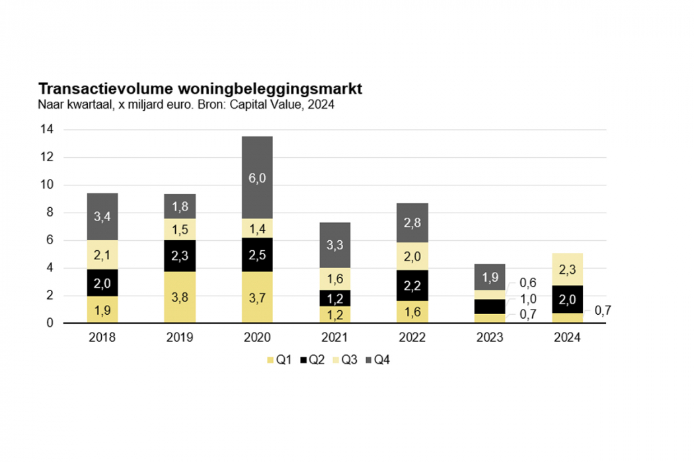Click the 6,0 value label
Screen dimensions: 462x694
point(257,178)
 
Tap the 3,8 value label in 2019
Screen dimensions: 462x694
point(180,297)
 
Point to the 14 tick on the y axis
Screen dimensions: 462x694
point(46,130)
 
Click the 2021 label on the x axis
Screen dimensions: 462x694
point(334,337)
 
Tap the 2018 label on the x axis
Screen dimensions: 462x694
point(102,337)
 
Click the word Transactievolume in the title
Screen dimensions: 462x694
point(99,89)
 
